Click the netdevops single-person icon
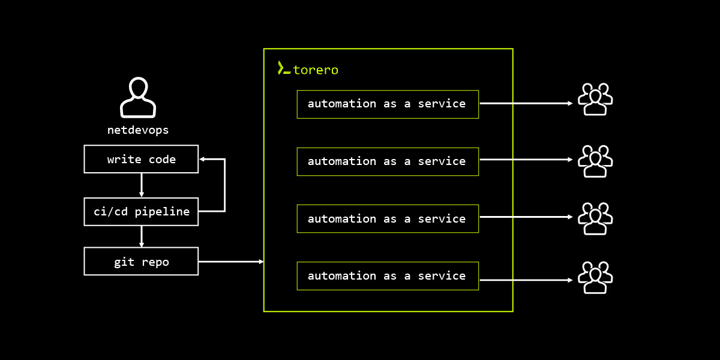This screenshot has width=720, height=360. point(138,97)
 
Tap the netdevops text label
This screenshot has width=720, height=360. point(138,130)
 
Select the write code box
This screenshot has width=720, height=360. point(141,159)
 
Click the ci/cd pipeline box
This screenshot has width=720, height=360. point(141,211)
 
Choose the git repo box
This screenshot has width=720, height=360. point(141,262)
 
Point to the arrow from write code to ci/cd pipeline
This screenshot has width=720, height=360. point(142,185)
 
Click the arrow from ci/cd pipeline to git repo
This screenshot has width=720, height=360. point(142,236)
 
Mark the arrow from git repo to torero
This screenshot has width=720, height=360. point(231,262)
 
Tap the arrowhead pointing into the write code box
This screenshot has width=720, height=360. point(203,159)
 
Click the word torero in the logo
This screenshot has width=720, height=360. point(316,70)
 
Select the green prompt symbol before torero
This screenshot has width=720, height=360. point(284,68)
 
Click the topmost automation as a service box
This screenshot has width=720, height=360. point(388,104)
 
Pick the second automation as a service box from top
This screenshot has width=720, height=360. point(388,161)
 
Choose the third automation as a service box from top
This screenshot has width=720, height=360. point(388,219)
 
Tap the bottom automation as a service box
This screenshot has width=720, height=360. point(388,276)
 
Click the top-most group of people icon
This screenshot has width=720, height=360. point(595,99)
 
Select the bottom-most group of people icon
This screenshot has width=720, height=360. point(595,277)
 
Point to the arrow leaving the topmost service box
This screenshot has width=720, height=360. point(526,103)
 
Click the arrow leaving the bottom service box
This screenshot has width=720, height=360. point(526,280)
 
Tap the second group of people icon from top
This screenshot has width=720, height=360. point(595,161)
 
